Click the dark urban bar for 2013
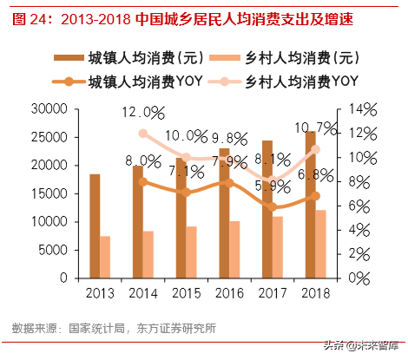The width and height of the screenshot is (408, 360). tap(95, 226)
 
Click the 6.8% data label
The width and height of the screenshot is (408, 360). tap(312, 174)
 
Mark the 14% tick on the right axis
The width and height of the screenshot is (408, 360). tap(359, 109)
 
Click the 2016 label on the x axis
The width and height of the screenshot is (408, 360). tap(227, 294)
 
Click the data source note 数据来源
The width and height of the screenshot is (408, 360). tap(114, 328)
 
